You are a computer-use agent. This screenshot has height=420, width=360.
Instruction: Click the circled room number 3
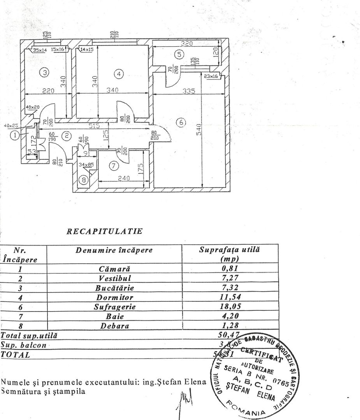tap(45, 72)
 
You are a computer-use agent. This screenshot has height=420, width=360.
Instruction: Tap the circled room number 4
tap(119, 73)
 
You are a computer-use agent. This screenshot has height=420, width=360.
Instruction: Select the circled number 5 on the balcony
tap(179, 54)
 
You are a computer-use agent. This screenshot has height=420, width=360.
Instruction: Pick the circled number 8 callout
tap(83, 180)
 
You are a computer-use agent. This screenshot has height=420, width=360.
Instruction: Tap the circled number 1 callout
tap(14, 135)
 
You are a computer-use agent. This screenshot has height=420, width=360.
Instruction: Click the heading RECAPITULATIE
tap(104, 231)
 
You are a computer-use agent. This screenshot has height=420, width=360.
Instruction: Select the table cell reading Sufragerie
tap(114, 307)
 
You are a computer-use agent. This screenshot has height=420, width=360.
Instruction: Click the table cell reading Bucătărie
tap(114, 288)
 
